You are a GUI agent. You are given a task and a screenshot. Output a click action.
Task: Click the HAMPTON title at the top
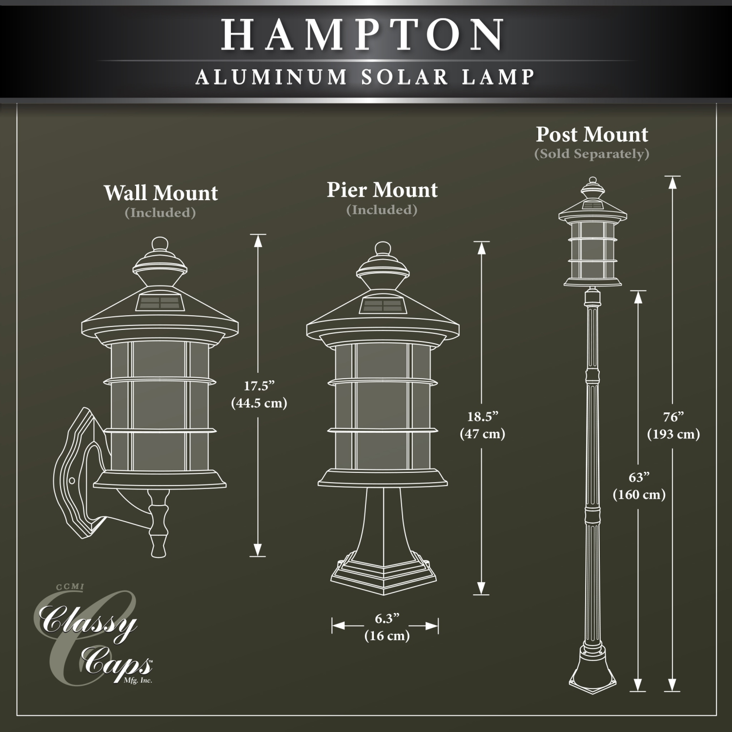364,35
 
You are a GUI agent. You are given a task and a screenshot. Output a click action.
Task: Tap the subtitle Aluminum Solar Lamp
366,77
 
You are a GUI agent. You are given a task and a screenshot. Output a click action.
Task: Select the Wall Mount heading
161,193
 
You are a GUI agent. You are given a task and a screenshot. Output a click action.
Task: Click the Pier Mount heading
382,190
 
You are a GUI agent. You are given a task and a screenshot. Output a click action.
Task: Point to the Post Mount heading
592,134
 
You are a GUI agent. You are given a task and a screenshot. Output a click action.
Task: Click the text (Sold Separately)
591,154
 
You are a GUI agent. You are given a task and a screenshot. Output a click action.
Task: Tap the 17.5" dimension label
259,386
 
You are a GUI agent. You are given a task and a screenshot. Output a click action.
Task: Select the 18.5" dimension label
483,417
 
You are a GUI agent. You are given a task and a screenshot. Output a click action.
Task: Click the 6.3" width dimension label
387,619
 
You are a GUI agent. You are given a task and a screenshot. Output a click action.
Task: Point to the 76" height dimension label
673,417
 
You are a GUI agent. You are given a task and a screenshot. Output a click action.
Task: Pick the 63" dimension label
639,477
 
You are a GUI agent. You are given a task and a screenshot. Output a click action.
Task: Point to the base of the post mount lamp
592,669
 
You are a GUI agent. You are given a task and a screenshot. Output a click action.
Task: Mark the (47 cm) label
483,434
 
